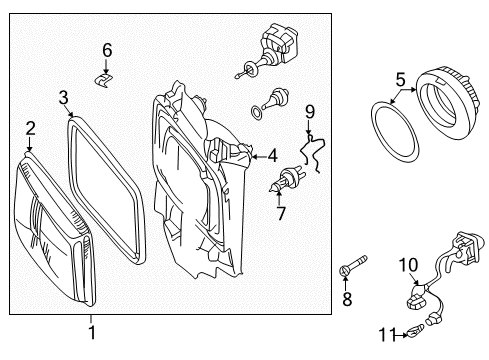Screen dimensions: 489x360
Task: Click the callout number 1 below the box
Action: pyautogui.click(x=92, y=333)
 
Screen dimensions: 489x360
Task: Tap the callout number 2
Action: pyautogui.click(x=30, y=128)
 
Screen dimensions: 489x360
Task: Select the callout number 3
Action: pyautogui.click(x=63, y=98)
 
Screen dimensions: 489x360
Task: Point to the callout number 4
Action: pyautogui.click(x=273, y=156)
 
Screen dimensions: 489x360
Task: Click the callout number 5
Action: pyautogui.click(x=400, y=80)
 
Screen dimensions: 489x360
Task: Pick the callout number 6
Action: pyautogui.click(x=107, y=50)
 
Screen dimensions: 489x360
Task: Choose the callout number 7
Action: pyautogui.click(x=281, y=213)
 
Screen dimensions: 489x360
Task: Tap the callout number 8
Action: pyautogui.click(x=347, y=299)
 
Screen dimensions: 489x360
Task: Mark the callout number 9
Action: pyautogui.click(x=310, y=112)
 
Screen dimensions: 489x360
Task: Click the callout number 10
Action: pyautogui.click(x=408, y=265)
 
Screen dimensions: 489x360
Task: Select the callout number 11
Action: pyautogui.click(x=387, y=334)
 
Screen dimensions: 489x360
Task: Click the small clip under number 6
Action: pyautogui.click(x=103, y=80)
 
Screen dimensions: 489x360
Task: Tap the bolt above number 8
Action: pyautogui.click(x=353, y=265)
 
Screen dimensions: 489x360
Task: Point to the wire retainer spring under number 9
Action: pyautogui.click(x=313, y=153)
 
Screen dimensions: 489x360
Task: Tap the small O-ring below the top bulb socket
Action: pyautogui.click(x=256, y=113)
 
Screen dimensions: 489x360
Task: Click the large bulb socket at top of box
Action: pyautogui.click(x=267, y=50)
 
